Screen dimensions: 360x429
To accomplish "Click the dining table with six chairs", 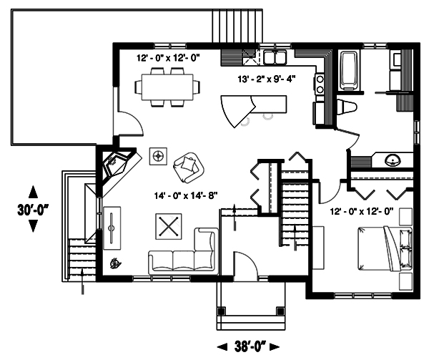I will (169, 87).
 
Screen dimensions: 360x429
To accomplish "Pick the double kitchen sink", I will (275, 57).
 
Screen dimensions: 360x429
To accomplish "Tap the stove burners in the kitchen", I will (320, 84).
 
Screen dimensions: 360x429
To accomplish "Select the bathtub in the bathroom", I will (349, 70).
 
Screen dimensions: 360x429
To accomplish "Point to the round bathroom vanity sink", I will (393, 160).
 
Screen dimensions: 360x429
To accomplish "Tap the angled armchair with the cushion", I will (188, 167).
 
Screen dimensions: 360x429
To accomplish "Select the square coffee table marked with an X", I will (168, 227).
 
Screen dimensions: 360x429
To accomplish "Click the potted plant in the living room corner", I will (114, 263).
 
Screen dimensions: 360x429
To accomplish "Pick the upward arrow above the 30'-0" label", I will (33, 191).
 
